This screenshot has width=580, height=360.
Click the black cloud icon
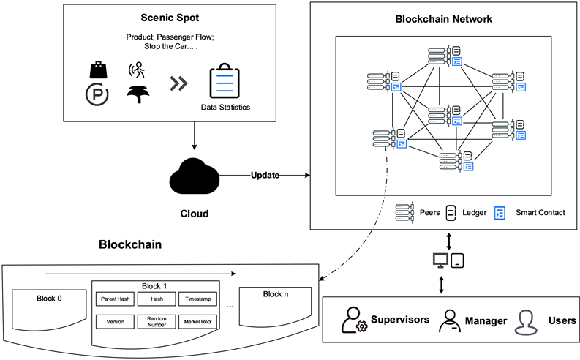coord(195,176)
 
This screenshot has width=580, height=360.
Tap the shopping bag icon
coord(98,70)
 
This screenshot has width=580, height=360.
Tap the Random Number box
coord(157,321)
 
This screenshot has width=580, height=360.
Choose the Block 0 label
coord(50,298)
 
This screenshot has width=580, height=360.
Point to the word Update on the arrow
coord(265,175)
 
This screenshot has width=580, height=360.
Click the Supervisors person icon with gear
coord(355,320)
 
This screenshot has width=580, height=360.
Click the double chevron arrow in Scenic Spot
coord(178,83)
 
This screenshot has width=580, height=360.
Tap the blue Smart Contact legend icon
coord(500,213)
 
